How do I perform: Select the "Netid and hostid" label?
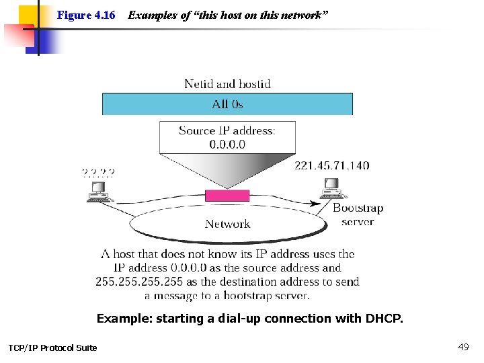[x=227, y=84]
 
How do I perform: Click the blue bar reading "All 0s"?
[x=227, y=104]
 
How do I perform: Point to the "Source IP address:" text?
[x=227, y=130]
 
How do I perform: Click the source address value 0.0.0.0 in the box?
[x=227, y=144]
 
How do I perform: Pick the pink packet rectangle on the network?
[x=227, y=196]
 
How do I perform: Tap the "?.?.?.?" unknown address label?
[x=98, y=172]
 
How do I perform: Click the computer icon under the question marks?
[x=99, y=192]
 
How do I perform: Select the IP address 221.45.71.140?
[x=331, y=165]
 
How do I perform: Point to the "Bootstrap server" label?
[x=358, y=214]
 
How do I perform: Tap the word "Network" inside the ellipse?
[x=227, y=224]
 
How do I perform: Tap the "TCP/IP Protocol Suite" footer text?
[x=52, y=348]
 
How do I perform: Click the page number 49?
[x=463, y=347]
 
